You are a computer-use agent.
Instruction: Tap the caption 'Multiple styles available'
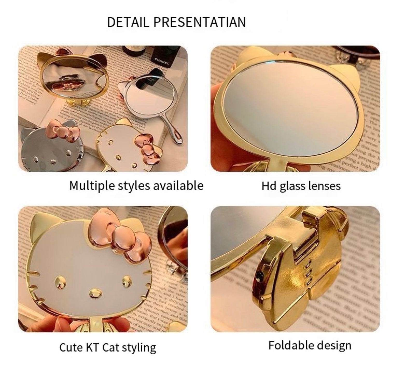point(136,186)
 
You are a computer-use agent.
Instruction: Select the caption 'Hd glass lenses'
point(301,186)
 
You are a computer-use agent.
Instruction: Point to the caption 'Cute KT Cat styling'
point(108,347)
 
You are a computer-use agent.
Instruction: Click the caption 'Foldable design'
point(310,345)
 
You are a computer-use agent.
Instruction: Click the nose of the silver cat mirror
point(53,161)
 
